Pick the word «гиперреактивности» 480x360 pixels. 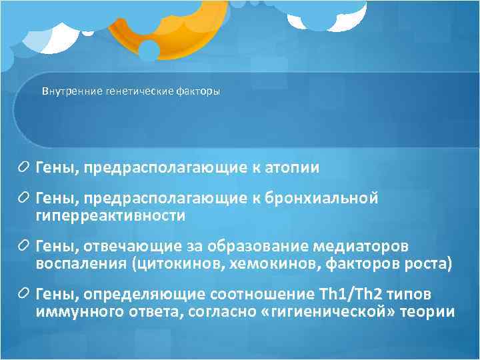(111, 215)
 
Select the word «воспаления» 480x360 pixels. (81, 264)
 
